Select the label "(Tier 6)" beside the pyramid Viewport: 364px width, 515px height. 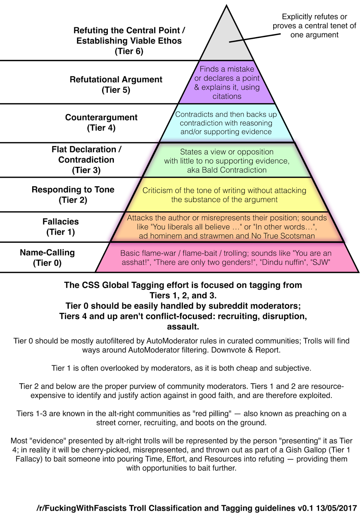click(x=129, y=51)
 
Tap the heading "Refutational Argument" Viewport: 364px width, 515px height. click(x=116, y=80)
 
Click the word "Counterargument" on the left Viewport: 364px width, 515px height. click(x=101, y=117)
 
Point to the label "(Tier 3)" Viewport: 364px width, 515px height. click(x=86, y=170)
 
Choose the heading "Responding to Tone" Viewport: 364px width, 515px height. click(x=73, y=190)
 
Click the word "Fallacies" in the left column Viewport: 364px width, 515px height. click(x=61, y=221)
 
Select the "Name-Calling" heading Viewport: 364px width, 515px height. click(x=47, y=253)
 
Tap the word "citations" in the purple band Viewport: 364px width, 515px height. click(x=227, y=97)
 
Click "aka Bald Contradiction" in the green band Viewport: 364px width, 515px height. click(x=227, y=170)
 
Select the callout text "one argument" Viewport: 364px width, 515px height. click(x=314, y=35)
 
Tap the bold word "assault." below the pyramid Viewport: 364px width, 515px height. click(x=183, y=327)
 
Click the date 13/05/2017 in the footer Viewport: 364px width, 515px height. click(x=336, y=508)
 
